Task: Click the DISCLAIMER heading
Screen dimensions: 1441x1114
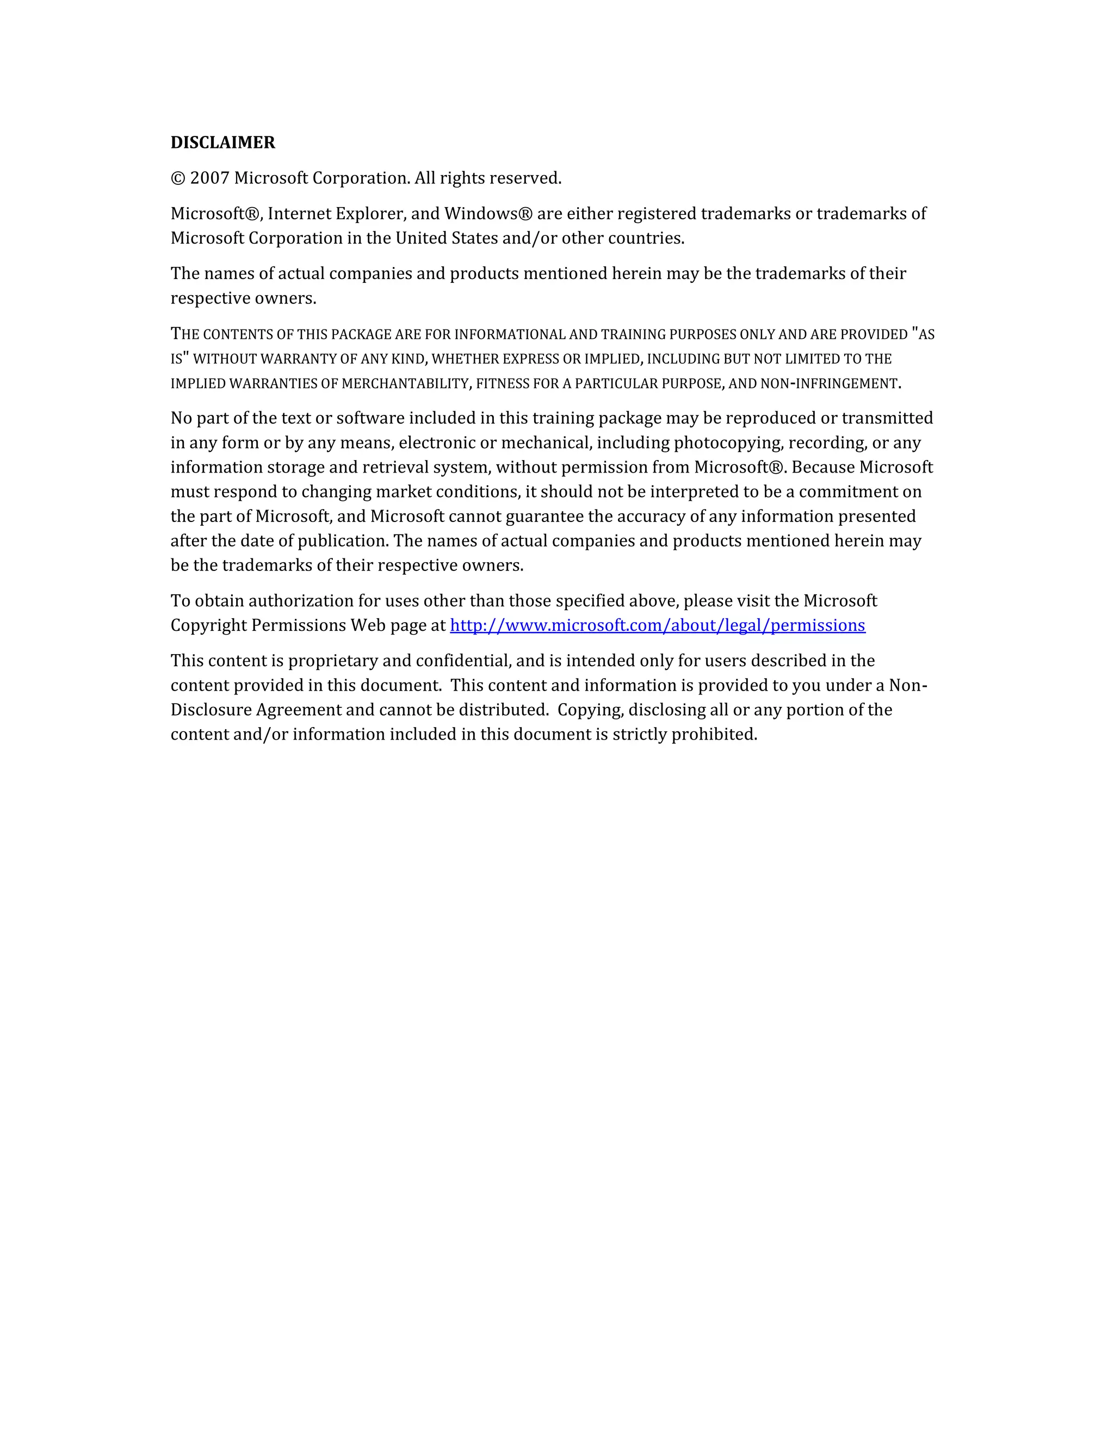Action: (222, 142)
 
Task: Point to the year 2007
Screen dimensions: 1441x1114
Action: (209, 178)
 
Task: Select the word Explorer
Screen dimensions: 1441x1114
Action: (370, 214)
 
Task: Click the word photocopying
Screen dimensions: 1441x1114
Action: (728, 443)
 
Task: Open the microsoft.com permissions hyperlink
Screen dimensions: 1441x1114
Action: (657, 625)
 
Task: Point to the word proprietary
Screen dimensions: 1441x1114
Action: (331, 661)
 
